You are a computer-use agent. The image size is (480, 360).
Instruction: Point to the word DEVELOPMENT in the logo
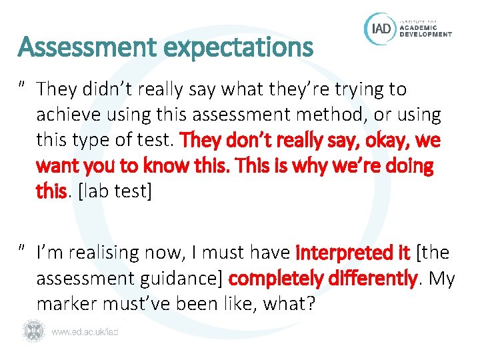tap(425, 34)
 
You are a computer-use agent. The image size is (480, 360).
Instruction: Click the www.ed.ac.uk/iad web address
tap(85, 331)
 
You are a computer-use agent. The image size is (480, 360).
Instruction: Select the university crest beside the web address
tap(33, 330)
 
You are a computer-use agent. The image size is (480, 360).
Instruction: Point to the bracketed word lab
tap(94, 192)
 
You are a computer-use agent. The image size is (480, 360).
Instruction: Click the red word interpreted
tap(343, 253)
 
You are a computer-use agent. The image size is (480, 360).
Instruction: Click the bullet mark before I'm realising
tap(23, 249)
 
